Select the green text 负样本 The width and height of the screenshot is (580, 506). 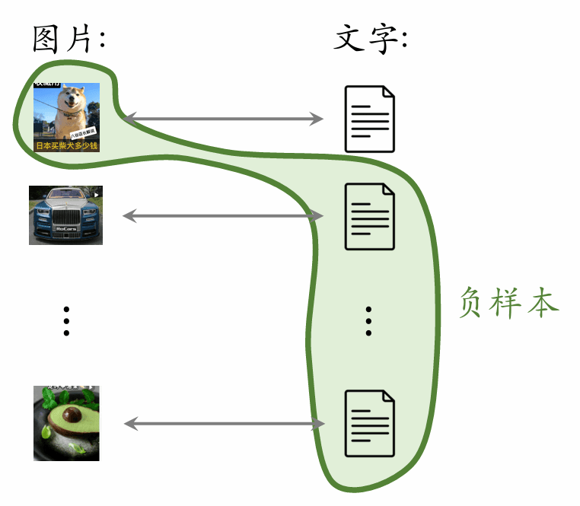coord(509,303)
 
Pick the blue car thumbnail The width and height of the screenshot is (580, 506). coord(65,215)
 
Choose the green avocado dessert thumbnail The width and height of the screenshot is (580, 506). coord(66,423)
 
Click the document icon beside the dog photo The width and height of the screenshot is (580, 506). coord(370,119)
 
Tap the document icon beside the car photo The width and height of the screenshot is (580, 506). coord(370,216)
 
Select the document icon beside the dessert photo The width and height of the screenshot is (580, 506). coord(370,423)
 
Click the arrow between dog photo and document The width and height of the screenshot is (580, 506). coord(223,118)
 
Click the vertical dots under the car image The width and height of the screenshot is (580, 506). coord(67,321)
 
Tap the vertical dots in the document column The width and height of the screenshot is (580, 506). coord(369,321)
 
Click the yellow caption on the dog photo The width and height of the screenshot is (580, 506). coord(66,145)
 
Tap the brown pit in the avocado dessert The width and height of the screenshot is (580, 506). coord(69,416)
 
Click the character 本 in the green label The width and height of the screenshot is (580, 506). coord(543,303)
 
